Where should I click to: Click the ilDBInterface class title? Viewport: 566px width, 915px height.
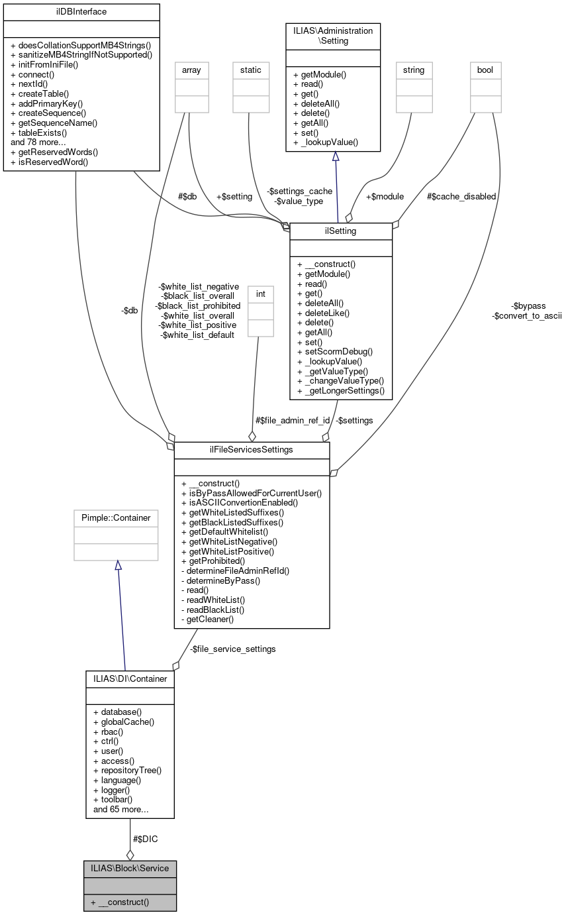(x=81, y=12)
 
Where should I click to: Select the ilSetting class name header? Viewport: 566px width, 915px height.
(x=341, y=231)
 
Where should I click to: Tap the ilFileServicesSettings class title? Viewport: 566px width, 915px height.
(x=252, y=450)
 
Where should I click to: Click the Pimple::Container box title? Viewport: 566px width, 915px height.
(x=116, y=517)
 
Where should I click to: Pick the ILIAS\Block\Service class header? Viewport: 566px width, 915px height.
(x=130, y=868)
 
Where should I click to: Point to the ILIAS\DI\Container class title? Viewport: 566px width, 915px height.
(x=130, y=678)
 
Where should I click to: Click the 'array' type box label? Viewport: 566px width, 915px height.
(x=191, y=70)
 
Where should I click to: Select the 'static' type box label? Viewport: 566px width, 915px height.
(x=251, y=70)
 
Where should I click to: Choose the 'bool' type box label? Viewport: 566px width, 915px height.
(x=485, y=70)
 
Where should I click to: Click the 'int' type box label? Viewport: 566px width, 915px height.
(x=260, y=293)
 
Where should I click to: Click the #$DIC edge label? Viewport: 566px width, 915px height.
(x=146, y=839)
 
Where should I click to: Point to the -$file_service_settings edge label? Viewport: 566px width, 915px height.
(x=232, y=649)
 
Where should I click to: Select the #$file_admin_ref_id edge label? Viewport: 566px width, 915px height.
(x=293, y=420)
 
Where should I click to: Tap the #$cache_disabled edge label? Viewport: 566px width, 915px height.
(x=461, y=196)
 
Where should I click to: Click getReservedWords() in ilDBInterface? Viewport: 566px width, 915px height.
(x=54, y=152)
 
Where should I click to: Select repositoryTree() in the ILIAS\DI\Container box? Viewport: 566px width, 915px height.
(x=131, y=771)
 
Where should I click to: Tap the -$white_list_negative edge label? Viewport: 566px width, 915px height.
(x=199, y=286)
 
